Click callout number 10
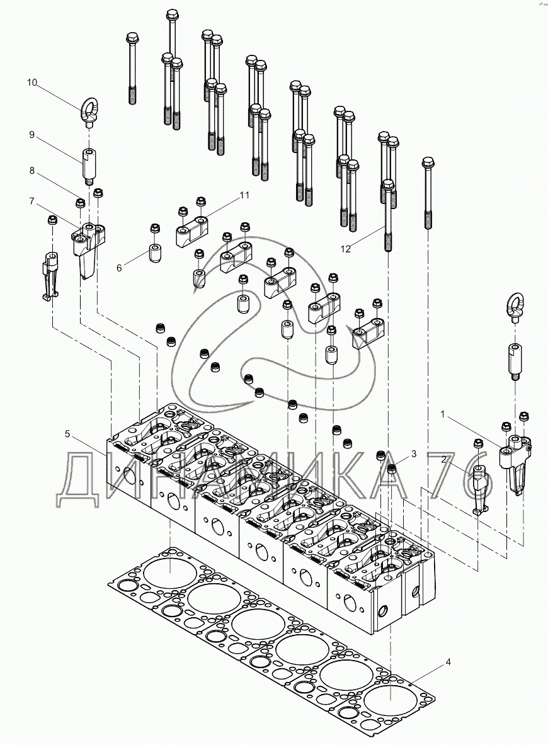point(32,82)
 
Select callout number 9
point(32,135)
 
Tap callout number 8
point(32,170)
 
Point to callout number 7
point(32,201)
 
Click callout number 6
point(119,268)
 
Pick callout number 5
point(67,433)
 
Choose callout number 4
point(448,662)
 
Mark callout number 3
point(413,454)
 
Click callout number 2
point(443,458)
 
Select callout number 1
point(442,415)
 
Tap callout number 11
point(244,195)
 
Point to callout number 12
point(346,249)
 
